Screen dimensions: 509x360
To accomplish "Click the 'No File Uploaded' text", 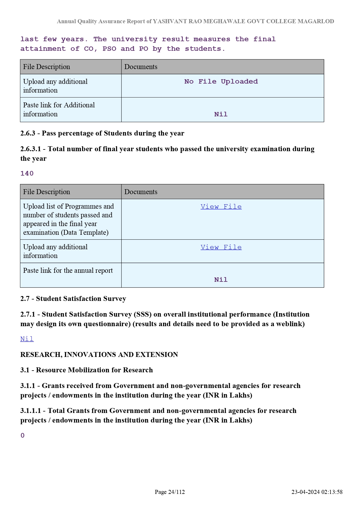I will click(221, 82).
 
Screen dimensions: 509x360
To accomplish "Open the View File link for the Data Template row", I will click(221, 207).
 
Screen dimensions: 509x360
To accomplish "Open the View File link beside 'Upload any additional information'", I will click(221, 247).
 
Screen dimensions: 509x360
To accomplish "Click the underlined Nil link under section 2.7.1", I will click(27, 339).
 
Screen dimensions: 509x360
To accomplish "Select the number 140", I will click(27, 174).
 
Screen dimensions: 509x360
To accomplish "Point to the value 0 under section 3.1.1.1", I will click(23, 436).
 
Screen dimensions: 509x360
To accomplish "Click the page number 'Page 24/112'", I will click(170, 492).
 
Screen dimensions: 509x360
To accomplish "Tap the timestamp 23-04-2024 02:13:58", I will click(317, 492).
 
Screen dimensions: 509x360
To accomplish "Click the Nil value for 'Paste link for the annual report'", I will click(221, 280).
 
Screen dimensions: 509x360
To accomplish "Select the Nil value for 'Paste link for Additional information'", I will click(221, 114).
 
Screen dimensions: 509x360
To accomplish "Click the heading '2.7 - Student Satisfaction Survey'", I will click(73, 299).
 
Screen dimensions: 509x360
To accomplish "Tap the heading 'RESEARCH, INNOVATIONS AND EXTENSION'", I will click(99, 355).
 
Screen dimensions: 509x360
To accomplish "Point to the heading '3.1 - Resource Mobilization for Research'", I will click(86, 370).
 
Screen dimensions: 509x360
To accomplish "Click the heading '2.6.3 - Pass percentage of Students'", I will click(102, 133).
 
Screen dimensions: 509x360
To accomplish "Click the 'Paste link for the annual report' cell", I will click(68, 271).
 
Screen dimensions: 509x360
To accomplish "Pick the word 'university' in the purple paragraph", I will click(134, 39).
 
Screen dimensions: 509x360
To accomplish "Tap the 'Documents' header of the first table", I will click(141, 67).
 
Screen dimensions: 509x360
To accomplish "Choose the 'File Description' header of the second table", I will click(46, 192).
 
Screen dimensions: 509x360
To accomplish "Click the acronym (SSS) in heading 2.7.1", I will click(142, 315).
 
